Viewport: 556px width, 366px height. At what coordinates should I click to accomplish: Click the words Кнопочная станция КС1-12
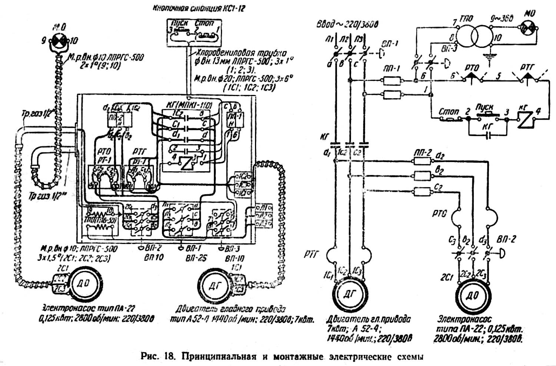(199, 8)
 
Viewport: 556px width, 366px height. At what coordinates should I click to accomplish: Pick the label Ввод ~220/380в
(347, 24)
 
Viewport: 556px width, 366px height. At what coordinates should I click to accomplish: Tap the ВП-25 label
(196, 258)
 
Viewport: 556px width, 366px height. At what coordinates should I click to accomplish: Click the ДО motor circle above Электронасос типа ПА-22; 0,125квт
(474, 296)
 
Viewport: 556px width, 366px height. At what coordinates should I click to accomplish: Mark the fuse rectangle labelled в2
(422, 175)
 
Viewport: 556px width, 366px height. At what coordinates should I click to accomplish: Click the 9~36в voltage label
(502, 18)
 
